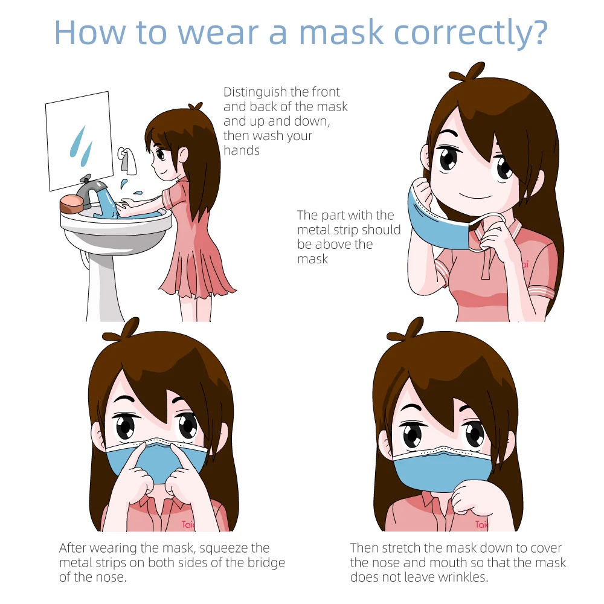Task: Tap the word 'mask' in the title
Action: point(341,33)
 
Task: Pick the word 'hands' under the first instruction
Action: point(242,150)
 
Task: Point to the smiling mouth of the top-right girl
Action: point(473,196)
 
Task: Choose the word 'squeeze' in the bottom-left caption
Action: point(234,548)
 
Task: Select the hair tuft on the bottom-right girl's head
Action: point(413,330)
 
